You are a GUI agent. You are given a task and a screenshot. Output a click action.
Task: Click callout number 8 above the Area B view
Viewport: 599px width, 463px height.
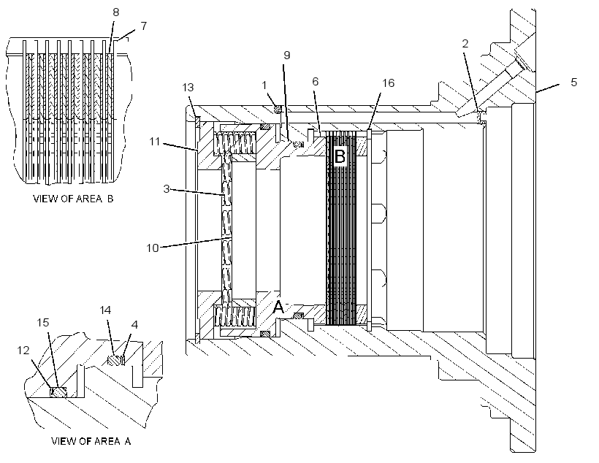(115, 12)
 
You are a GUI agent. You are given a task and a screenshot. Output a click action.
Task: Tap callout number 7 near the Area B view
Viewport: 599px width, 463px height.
(143, 26)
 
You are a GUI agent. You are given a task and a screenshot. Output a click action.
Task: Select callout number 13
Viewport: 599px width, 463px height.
(188, 88)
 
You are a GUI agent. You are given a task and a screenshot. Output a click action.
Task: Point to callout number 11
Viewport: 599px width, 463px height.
(154, 142)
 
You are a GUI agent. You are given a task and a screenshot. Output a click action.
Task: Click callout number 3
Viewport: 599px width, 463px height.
(166, 188)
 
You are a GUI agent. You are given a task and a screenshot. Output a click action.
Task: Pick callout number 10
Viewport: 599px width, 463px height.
(153, 248)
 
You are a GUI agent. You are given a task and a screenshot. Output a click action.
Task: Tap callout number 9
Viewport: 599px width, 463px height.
(286, 56)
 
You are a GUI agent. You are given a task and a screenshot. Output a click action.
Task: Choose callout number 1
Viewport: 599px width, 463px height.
(264, 85)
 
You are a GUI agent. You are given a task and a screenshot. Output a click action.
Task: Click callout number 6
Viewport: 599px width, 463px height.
(315, 81)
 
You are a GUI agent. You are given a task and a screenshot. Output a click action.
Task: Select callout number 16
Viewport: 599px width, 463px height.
(388, 83)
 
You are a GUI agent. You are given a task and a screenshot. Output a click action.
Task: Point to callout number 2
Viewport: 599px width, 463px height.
(465, 44)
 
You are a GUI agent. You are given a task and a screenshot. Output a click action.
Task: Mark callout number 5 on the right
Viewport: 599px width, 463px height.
(573, 82)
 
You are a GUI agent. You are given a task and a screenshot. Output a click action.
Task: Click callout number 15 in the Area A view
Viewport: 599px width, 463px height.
(43, 323)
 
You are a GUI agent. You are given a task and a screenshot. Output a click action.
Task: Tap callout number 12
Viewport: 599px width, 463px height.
(23, 351)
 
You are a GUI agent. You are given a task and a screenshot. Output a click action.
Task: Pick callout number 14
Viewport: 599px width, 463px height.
(105, 310)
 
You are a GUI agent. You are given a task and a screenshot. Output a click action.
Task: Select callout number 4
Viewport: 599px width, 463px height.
(134, 325)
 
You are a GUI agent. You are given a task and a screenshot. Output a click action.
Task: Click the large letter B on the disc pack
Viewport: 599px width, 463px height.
(340, 156)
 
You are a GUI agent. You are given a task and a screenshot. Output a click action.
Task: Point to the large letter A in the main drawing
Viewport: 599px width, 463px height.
(279, 307)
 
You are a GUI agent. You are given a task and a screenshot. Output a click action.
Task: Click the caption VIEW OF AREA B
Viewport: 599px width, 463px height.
(73, 199)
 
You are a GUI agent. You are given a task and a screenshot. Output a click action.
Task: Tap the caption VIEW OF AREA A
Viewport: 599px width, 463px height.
(91, 441)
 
